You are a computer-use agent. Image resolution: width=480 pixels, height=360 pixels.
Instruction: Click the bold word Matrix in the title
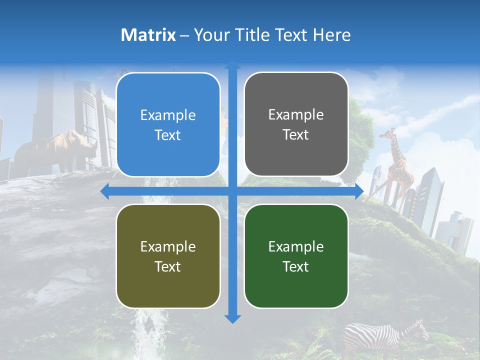pos(148,35)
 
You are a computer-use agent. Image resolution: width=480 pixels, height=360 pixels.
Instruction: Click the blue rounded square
pos(168,125)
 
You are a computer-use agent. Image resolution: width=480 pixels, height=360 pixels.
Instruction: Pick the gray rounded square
pos(296,124)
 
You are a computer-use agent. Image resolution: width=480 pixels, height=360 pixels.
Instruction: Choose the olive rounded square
pos(168,256)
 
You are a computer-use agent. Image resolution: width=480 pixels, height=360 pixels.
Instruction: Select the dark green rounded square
pos(296,256)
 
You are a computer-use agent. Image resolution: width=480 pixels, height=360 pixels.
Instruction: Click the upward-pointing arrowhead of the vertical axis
pos(232,65)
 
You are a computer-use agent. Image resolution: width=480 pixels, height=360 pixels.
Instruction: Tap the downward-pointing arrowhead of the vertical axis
pos(232,318)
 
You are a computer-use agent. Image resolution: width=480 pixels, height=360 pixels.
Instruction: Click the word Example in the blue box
pos(168,115)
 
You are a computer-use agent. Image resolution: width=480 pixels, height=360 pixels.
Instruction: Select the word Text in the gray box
pos(296,135)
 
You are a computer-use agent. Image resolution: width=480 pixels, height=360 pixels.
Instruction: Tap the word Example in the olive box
pos(168,246)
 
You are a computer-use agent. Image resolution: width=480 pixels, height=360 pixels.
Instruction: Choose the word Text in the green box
pos(296,266)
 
